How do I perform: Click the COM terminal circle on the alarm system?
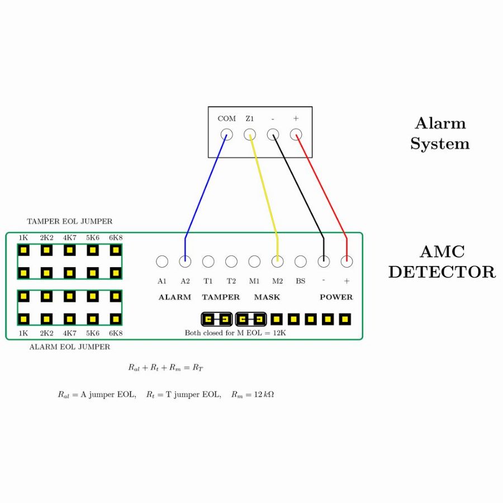(226, 134)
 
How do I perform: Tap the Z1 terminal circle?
(250, 134)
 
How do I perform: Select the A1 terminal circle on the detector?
(162, 261)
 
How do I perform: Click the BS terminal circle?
(301, 261)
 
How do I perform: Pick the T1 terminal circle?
(208, 261)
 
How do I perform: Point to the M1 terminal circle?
(254, 261)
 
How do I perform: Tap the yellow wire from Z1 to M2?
(264, 184)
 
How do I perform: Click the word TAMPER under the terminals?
(221, 297)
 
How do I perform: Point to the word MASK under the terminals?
(267, 297)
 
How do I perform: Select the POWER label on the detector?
(336, 297)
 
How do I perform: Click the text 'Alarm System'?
(440, 134)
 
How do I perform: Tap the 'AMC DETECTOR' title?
(442, 262)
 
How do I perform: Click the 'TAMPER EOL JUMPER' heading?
(69, 221)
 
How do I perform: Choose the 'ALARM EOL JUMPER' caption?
(69, 347)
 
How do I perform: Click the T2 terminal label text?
(231, 281)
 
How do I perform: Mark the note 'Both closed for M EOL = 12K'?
(235, 333)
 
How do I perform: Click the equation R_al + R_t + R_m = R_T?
(165, 368)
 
